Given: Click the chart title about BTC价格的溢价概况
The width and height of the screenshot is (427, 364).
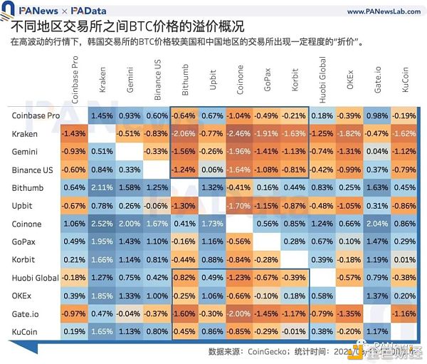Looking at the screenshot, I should pyautogui.click(x=128, y=27).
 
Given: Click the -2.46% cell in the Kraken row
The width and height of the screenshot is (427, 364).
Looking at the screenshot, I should pyautogui.click(x=238, y=133).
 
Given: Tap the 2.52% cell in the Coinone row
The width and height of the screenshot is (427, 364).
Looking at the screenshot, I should pyautogui.click(x=102, y=224).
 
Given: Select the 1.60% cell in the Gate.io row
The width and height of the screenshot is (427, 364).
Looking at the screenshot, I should pyautogui.click(x=184, y=314).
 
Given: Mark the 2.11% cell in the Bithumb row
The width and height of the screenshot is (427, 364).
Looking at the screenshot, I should pyautogui.click(x=102, y=188).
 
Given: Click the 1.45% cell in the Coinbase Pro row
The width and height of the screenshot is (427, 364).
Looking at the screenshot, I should pyautogui.click(x=102, y=115).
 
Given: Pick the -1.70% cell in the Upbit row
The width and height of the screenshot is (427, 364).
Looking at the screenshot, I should pyautogui.click(x=238, y=206).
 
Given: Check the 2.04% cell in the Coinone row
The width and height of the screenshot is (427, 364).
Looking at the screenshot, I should pyautogui.click(x=377, y=224).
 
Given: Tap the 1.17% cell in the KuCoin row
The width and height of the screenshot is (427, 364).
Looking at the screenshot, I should pyautogui.click(x=377, y=332).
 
